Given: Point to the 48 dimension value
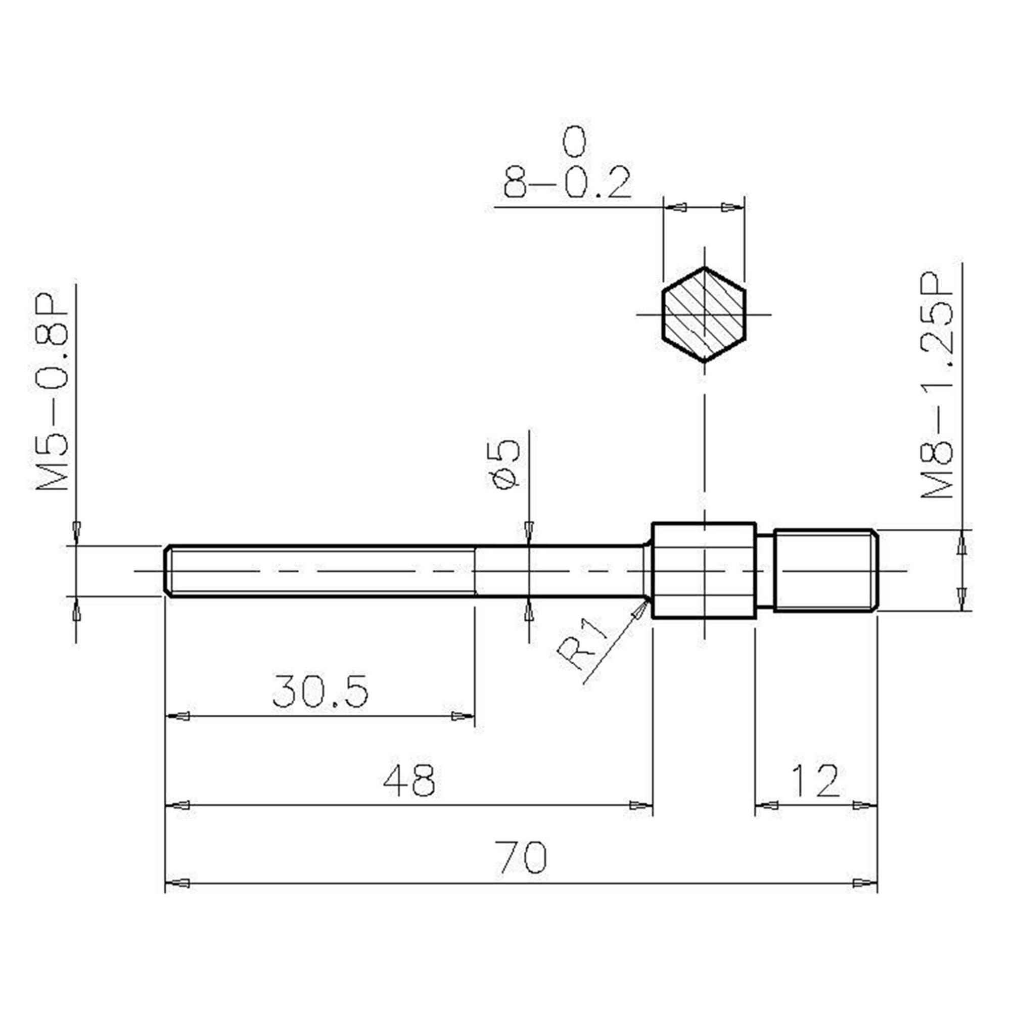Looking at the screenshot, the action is click(x=409, y=780).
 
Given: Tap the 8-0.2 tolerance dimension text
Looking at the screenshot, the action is click(x=567, y=182).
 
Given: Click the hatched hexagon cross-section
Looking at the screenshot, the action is click(x=704, y=314).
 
